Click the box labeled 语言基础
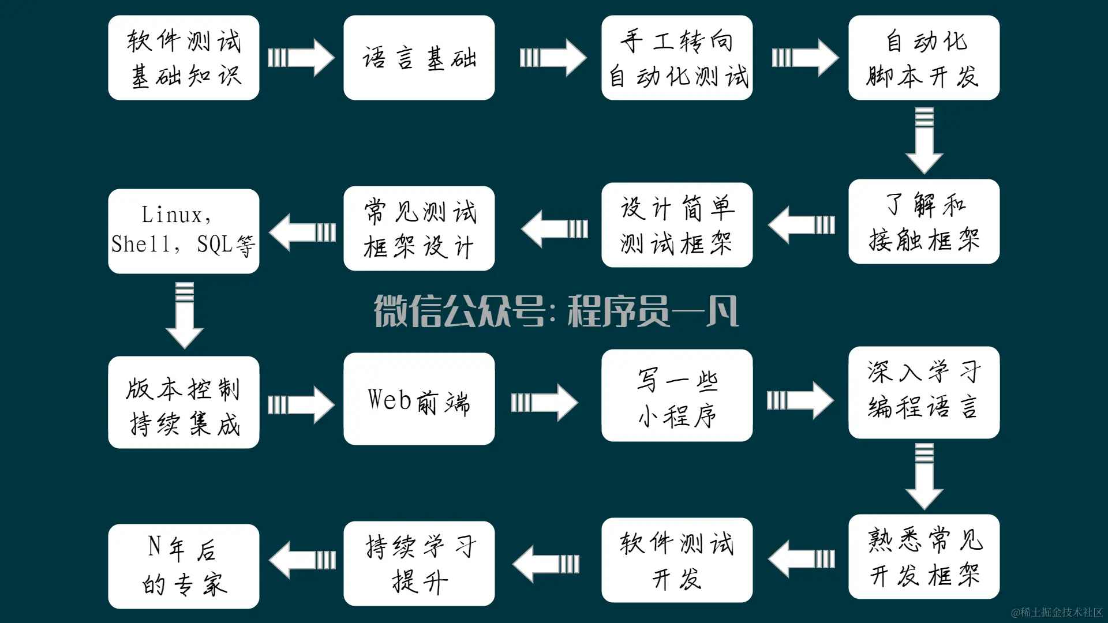(x=419, y=58)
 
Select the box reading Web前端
(x=419, y=399)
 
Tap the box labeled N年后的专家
(x=184, y=566)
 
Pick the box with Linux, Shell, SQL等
(x=184, y=231)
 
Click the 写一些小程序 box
(x=677, y=396)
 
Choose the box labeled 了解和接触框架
(x=924, y=222)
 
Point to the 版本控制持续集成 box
(x=184, y=402)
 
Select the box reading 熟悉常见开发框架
(x=924, y=557)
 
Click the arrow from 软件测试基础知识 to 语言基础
(x=301, y=58)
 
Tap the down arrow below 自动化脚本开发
(x=924, y=140)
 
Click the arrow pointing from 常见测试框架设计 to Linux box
(x=302, y=232)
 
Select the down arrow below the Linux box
(x=185, y=315)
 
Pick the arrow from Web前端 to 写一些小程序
(x=544, y=402)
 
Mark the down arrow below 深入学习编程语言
(x=924, y=476)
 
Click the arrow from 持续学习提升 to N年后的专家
(x=302, y=560)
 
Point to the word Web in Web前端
(x=390, y=399)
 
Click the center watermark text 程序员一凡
(x=653, y=311)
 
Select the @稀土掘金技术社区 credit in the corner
(x=1057, y=612)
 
